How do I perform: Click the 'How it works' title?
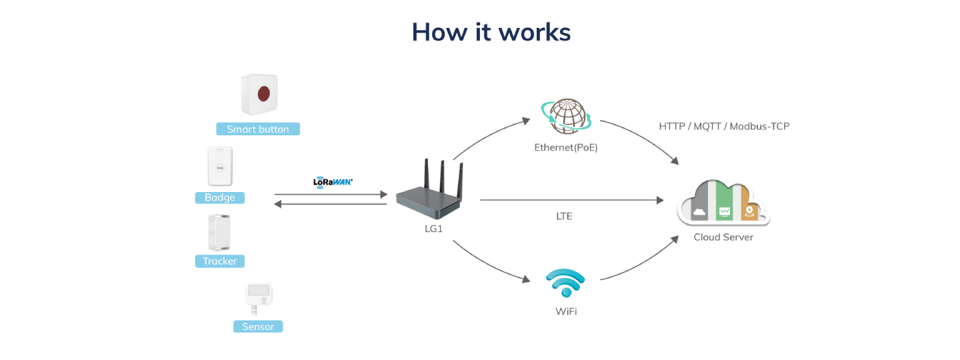pos(491,32)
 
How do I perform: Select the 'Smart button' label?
pos(258,129)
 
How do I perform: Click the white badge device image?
pos(219,167)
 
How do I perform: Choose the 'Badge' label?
pos(219,198)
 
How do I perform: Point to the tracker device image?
pos(219,232)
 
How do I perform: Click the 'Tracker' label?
pos(219,261)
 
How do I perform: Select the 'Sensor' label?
pos(258,327)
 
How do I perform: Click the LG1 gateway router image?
pos(428,193)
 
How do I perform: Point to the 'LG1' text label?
pos(433,229)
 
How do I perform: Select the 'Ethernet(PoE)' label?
pos(566,147)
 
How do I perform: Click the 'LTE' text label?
pos(564,217)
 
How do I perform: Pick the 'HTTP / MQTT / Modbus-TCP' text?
pos(724,126)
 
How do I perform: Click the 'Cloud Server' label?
pos(723,237)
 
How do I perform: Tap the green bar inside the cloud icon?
pos(724,203)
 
